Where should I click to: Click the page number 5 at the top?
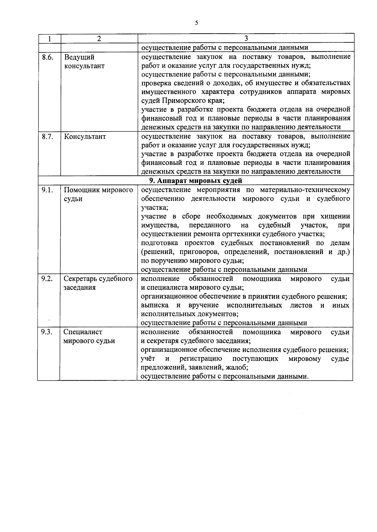196,23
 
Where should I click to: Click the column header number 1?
50,39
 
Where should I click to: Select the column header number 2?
99,39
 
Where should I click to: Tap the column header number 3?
246,39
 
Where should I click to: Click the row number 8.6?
47,57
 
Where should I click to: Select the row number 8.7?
47,137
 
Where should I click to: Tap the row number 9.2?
47,279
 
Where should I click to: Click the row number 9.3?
47,332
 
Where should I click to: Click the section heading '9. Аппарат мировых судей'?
195,181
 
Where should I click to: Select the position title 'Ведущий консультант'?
84,62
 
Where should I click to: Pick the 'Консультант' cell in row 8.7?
85,137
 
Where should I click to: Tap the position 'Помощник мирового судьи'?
98,195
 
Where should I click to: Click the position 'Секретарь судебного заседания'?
98,283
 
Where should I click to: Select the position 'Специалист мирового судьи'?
89,336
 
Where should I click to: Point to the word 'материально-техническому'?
305,190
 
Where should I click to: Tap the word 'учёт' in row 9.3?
148,359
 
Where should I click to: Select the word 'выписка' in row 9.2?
154,305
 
